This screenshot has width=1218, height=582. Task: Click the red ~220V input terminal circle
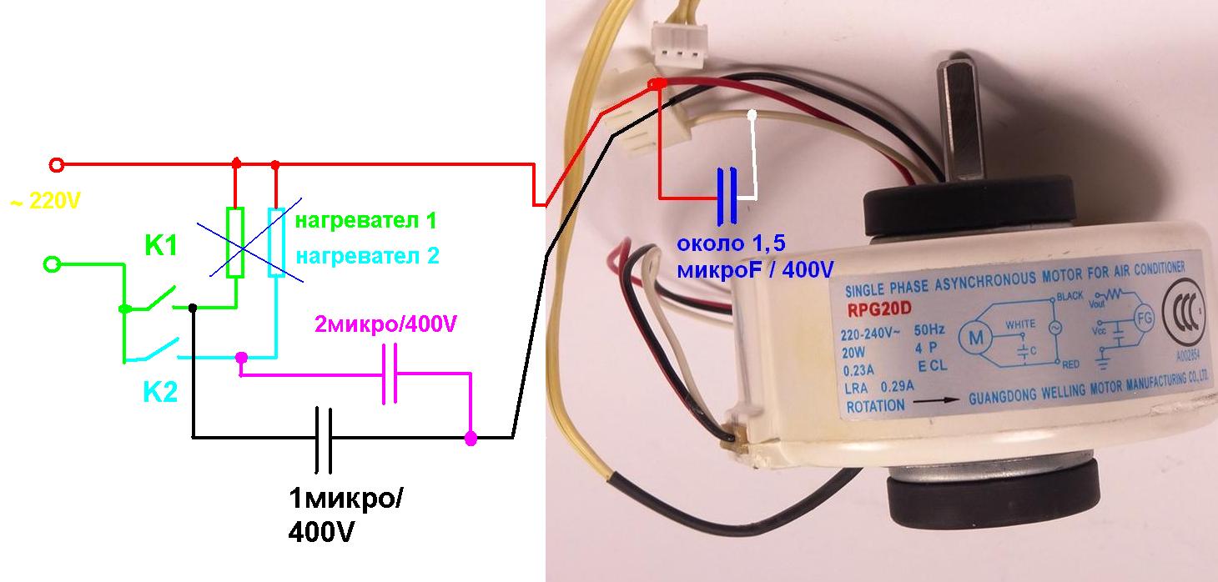point(57,164)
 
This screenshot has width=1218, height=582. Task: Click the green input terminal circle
point(52,265)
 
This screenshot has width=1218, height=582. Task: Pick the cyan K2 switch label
point(160,392)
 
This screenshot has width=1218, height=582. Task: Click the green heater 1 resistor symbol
point(236,243)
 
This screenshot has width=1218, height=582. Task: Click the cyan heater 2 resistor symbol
point(276,243)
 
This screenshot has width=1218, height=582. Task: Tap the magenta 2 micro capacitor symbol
point(390,374)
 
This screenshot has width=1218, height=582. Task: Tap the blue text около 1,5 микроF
point(754,258)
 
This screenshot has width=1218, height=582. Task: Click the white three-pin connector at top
point(676,49)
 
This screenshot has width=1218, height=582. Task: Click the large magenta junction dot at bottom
point(471,437)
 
